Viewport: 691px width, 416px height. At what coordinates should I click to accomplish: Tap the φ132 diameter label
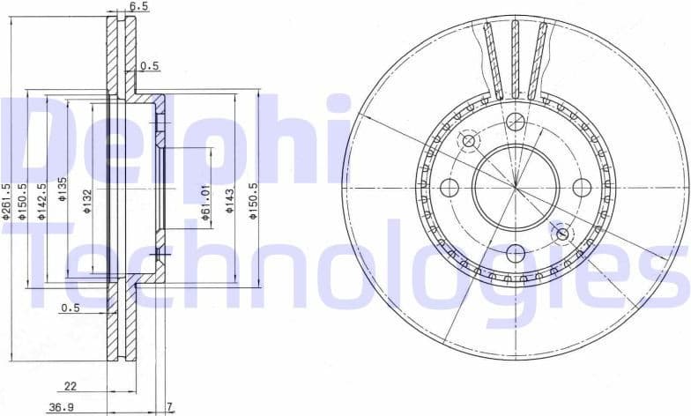[87, 202]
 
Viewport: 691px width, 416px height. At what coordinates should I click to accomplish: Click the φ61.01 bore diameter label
[204, 205]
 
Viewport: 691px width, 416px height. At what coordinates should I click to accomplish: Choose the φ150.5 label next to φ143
[253, 201]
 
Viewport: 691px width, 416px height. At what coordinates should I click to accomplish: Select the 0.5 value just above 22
[71, 308]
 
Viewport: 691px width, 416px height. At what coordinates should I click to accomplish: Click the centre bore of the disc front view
[516, 186]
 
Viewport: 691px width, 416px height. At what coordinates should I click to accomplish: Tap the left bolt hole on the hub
[449, 187]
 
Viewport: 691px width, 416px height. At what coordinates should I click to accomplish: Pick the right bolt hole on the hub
[582, 187]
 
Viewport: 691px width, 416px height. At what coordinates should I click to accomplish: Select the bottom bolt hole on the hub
[516, 253]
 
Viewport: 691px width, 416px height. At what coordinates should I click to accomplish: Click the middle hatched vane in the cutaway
[516, 57]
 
